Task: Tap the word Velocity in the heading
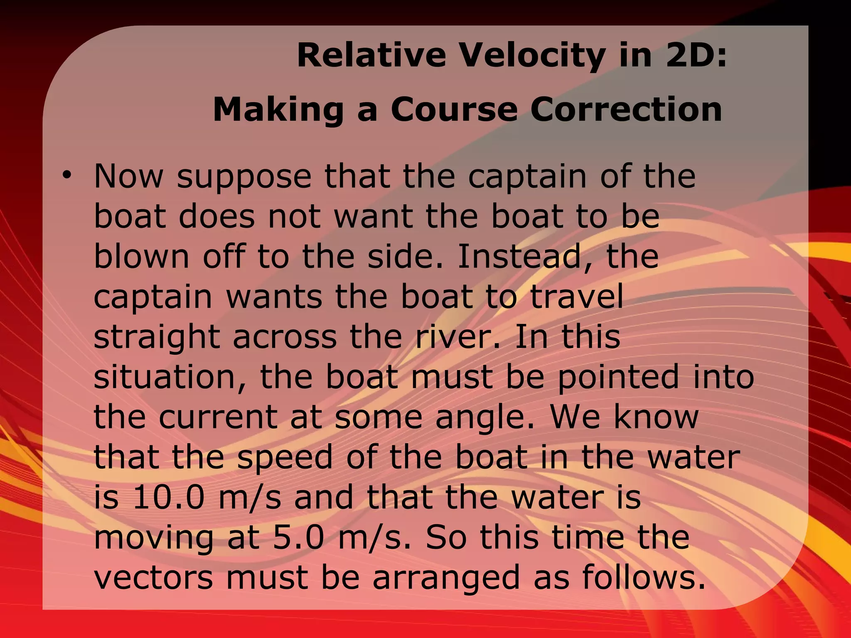pyautogui.click(x=532, y=56)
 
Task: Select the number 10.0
pyautogui.click(x=169, y=497)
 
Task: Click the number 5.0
pyautogui.click(x=298, y=537)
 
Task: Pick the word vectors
pyautogui.click(x=153, y=577)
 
